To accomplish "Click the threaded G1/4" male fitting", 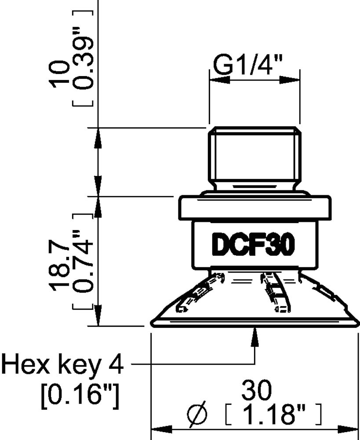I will [x=255, y=158].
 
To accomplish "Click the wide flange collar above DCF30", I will [x=254, y=208].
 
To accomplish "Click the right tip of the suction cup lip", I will [x=356, y=324].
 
